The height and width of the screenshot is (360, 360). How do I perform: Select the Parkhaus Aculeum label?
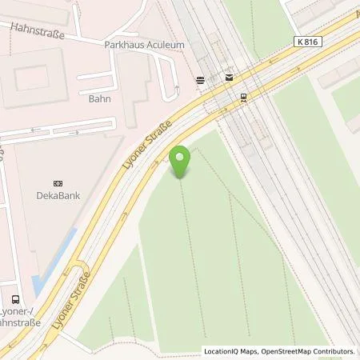pos(144,46)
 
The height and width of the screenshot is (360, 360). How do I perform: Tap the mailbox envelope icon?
pos(230,78)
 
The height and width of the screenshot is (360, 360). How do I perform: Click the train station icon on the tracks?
pos(243,96)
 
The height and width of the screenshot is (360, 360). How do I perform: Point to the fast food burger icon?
pos(199,79)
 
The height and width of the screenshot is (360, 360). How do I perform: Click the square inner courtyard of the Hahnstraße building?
pos(32,78)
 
